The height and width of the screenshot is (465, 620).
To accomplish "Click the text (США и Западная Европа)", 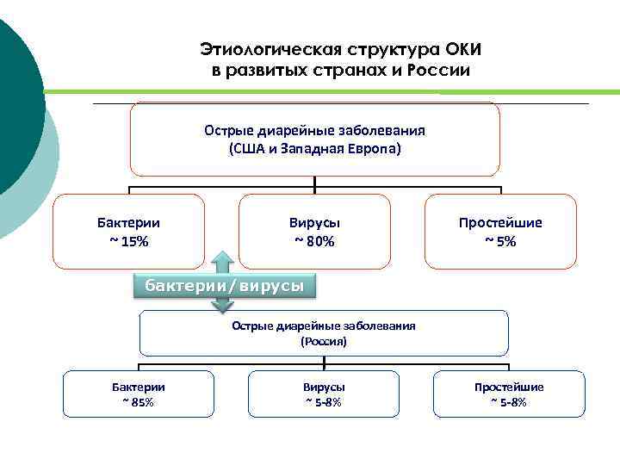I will click(x=315, y=148).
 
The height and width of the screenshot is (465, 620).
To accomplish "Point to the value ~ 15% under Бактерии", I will click(x=129, y=241).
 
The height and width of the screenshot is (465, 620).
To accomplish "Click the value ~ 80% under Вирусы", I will click(x=314, y=241).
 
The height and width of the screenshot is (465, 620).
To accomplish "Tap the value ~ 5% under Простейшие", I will click(x=500, y=241).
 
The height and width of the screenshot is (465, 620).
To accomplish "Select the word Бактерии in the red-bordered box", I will click(x=129, y=222).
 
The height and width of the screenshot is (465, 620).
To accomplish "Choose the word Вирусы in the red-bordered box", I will click(x=314, y=222).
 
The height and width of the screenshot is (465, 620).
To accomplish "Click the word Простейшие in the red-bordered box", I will click(x=500, y=222).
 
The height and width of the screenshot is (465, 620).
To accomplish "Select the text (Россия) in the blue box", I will click(x=324, y=342).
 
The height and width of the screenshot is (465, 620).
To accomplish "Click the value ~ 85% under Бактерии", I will click(x=139, y=402).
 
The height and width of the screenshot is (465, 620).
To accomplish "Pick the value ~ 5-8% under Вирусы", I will click(x=324, y=402).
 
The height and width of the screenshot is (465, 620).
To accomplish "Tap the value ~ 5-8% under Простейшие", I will click(x=509, y=402).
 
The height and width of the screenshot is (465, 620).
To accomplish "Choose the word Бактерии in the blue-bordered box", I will click(x=139, y=387).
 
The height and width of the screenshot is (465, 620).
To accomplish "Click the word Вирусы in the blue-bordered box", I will click(x=324, y=387).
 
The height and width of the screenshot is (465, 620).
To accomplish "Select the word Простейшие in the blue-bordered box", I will click(x=509, y=387).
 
